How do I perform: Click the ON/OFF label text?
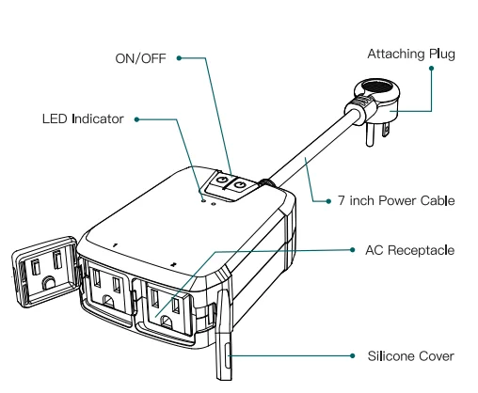point(139,57)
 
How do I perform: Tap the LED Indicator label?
point(82,119)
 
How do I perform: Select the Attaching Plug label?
point(411,54)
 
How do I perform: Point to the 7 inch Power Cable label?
point(396,200)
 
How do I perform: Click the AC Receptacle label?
point(409,250)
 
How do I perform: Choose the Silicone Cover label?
point(410,356)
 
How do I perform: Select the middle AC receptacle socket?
point(105,287)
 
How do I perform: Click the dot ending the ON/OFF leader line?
point(177,57)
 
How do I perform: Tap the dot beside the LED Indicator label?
point(136,119)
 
